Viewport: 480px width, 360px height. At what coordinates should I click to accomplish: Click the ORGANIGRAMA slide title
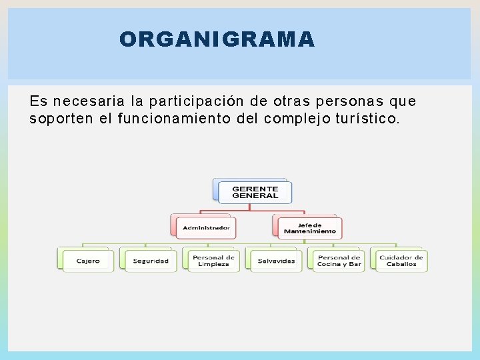point(217,40)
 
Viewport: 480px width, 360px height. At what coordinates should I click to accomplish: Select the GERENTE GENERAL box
point(255,192)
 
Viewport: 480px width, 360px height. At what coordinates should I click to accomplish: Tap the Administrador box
point(206,228)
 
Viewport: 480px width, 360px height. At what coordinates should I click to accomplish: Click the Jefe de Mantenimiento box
point(309,228)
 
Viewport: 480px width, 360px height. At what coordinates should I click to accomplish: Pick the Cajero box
point(88,261)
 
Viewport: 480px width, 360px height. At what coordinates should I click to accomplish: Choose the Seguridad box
point(151,261)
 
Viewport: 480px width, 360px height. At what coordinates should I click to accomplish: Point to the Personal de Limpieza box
point(213,261)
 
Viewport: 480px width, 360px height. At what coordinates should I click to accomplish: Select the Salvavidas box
point(276,261)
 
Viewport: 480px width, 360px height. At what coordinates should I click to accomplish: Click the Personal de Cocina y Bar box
point(339,261)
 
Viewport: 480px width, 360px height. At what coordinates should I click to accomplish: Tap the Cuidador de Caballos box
point(401,261)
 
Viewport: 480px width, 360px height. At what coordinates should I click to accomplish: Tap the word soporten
point(56,119)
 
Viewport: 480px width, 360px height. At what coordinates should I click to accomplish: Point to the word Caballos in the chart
point(401,265)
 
